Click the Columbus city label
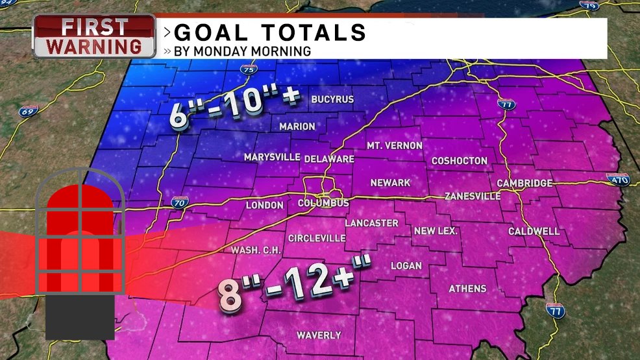click(x=323, y=203)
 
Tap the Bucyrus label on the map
click(x=332, y=99)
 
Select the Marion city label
click(x=297, y=126)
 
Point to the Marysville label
click(x=272, y=157)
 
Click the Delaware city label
click(x=329, y=158)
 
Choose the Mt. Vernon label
click(x=395, y=145)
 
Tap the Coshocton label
click(x=459, y=160)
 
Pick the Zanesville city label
click(x=473, y=196)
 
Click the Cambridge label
click(x=525, y=183)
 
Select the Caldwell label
click(x=534, y=231)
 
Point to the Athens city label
click(x=467, y=288)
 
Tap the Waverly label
click(x=319, y=335)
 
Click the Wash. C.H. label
click(x=254, y=250)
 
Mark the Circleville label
click(x=317, y=238)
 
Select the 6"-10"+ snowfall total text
click(x=236, y=108)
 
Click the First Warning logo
click(x=95, y=37)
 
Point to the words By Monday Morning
click(x=241, y=51)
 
